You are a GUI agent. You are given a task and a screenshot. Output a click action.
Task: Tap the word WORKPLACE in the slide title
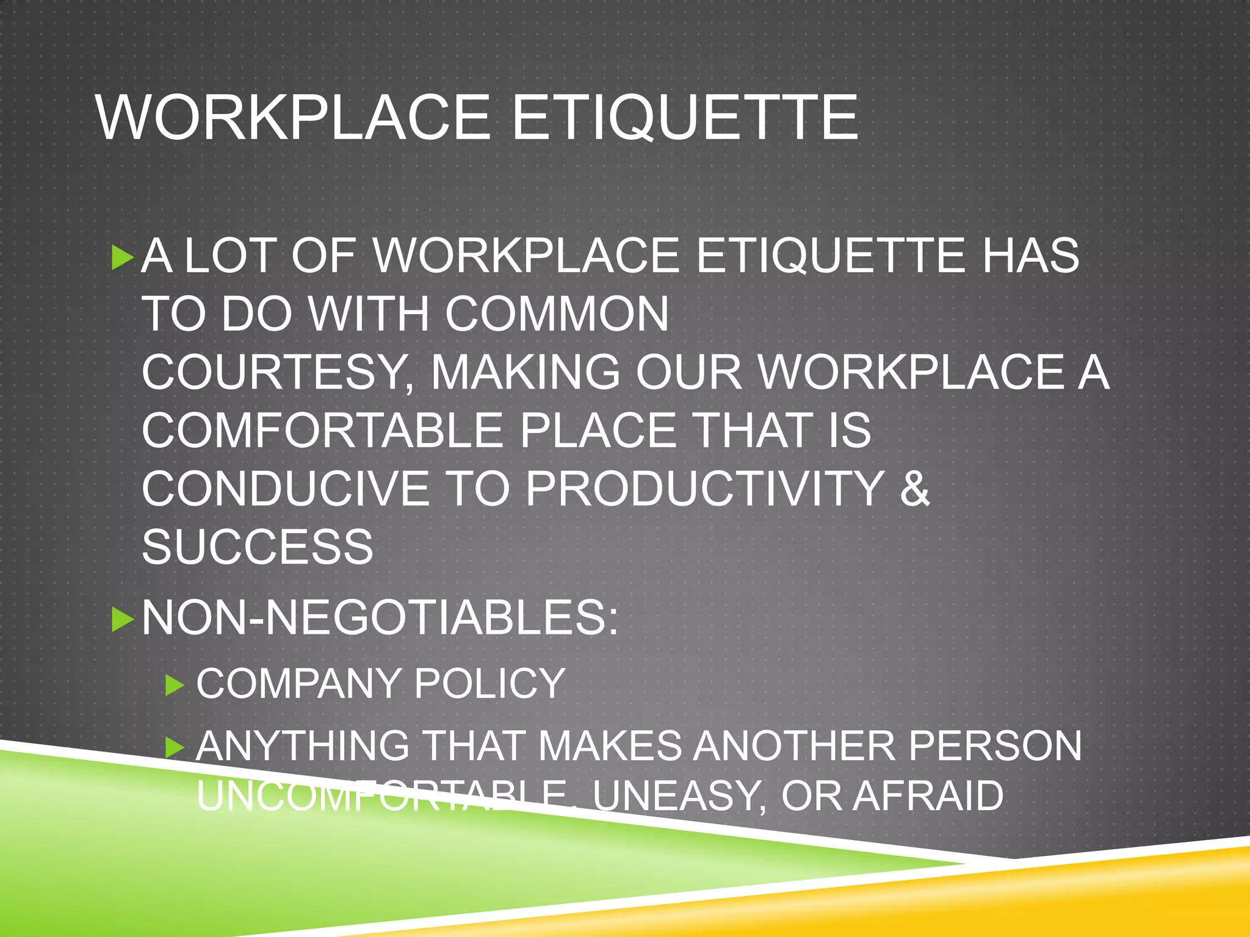(293, 117)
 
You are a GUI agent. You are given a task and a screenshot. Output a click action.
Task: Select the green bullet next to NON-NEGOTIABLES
(123, 620)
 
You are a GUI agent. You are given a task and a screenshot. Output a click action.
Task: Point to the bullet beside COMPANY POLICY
(175, 686)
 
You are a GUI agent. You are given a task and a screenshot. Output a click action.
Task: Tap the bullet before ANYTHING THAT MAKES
(175, 748)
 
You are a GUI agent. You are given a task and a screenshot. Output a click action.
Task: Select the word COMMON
(556, 314)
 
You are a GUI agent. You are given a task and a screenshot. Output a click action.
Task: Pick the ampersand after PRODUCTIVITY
(914, 489)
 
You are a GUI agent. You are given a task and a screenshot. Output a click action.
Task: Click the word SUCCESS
(257, 547)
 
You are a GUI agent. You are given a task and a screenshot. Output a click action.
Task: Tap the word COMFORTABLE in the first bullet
(322, 431)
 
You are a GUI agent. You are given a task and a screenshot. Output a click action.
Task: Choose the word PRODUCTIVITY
(704, 489)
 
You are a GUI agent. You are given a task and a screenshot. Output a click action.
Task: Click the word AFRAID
(928, 796)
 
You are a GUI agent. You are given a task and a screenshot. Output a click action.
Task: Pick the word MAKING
(526, 372)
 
